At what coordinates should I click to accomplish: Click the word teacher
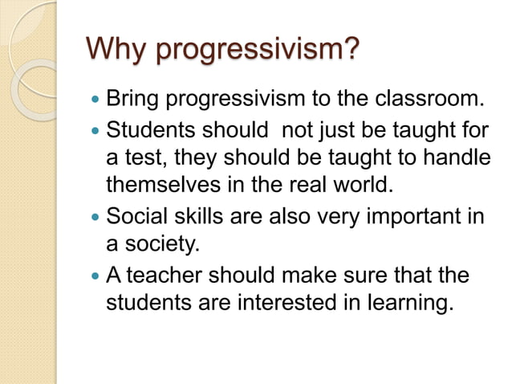pos(165,276)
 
